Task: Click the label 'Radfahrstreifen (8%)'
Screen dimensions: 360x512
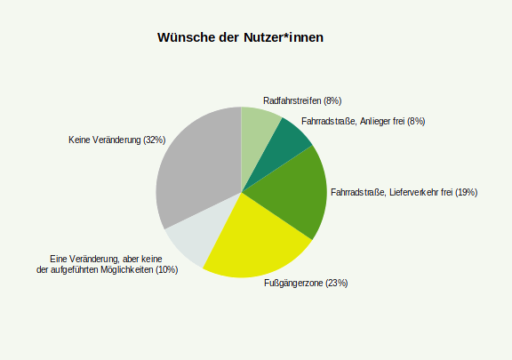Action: [302, 100]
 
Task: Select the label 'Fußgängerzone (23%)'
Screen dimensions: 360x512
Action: [306, 283]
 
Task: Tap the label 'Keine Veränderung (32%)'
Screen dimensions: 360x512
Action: [116, 140]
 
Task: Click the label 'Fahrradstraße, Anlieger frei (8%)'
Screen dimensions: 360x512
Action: [363, 121]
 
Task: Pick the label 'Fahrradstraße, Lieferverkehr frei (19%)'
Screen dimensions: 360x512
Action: [404, 192]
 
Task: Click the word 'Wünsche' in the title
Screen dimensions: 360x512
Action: [185, 37]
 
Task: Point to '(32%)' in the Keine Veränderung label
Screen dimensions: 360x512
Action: [154, 140]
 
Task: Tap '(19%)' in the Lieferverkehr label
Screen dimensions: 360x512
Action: [466, 192]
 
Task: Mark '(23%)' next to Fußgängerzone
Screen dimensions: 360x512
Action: [336, 283]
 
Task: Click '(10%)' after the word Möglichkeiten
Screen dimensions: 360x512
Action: [166, 269]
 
